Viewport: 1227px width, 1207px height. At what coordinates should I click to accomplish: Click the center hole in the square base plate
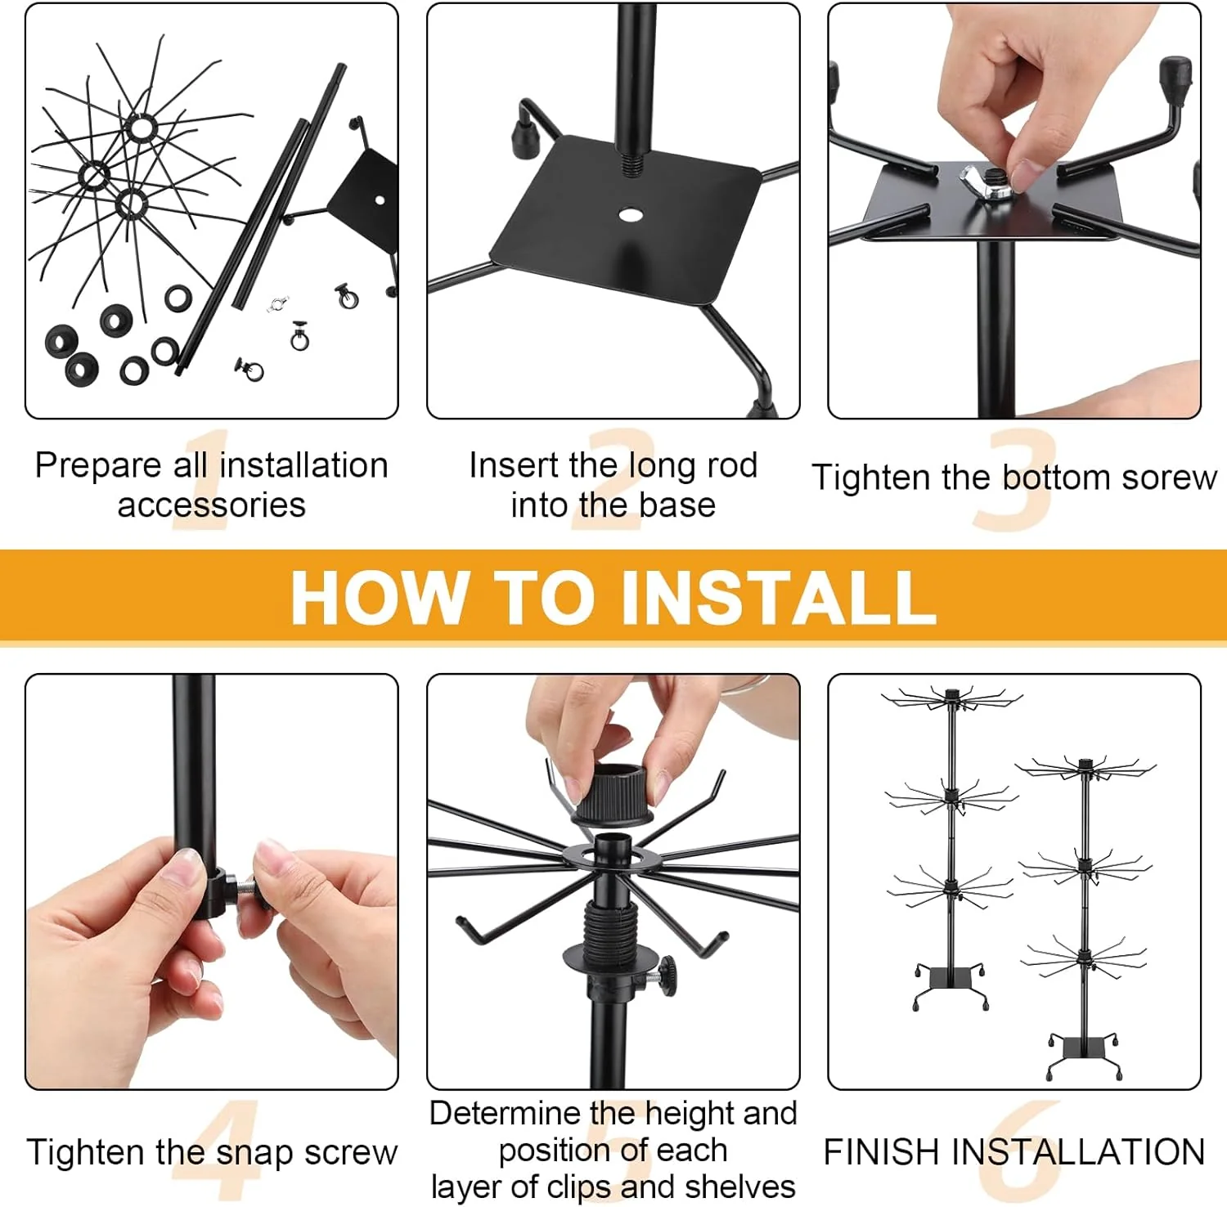click(x=630, y=214)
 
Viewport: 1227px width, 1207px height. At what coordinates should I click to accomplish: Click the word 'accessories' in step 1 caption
click(x=211, y=505)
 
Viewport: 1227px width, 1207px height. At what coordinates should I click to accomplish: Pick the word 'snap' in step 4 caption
click(x=255, y=1152)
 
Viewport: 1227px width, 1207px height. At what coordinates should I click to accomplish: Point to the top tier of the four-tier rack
click(x=1085, y=768)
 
